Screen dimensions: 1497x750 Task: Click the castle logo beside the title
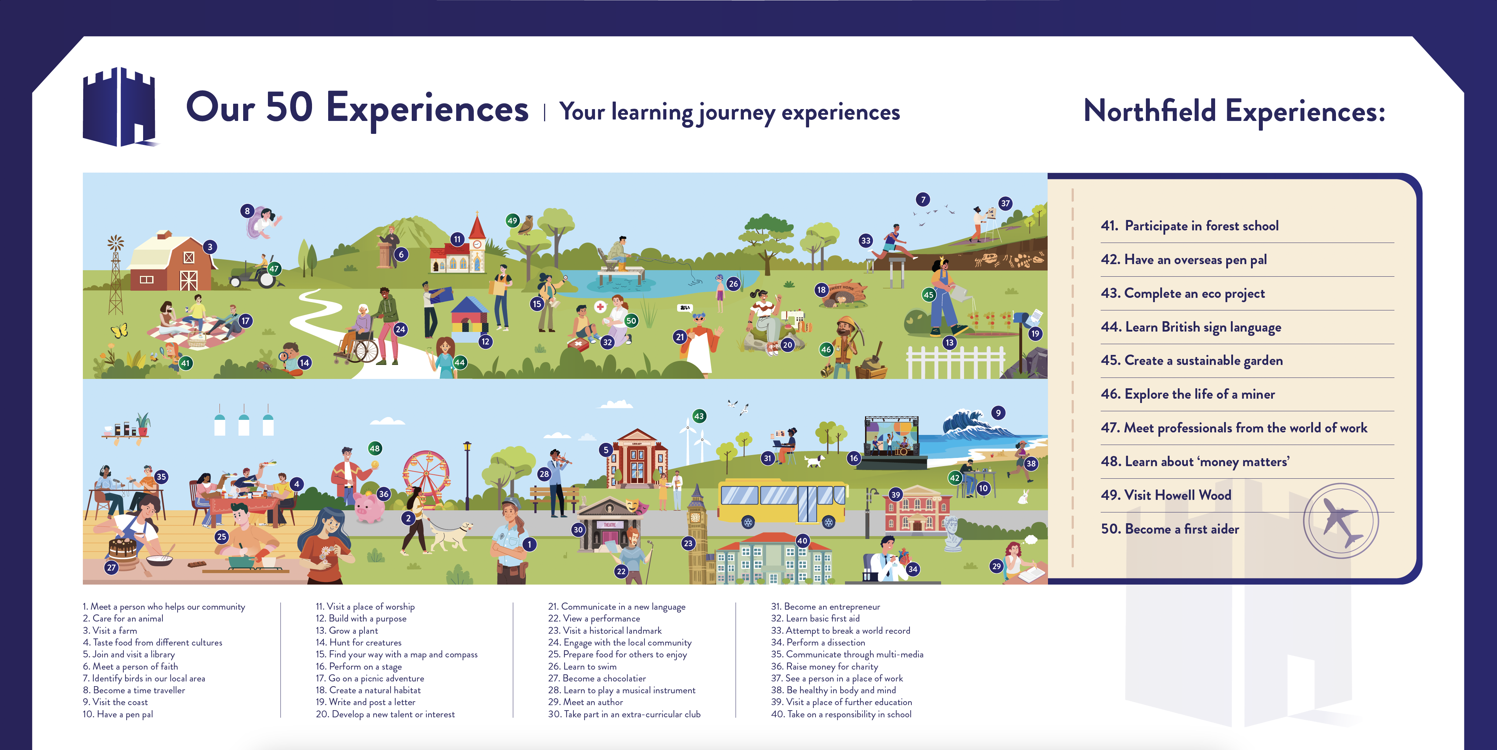pyautogui.click(x=120, y=107)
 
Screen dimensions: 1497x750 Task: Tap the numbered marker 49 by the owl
pyautogui.click(x=512, y=221)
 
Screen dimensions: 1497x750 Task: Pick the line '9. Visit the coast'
pyautogui.click(x=115, y=702)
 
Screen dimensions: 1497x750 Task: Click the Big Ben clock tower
pyautogui.click(x=696, y=535)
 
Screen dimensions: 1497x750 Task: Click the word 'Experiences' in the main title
pyautogui.click(x=427, y=109)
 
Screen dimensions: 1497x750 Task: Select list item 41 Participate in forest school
pyautogui.click(x=1190, y=226)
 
